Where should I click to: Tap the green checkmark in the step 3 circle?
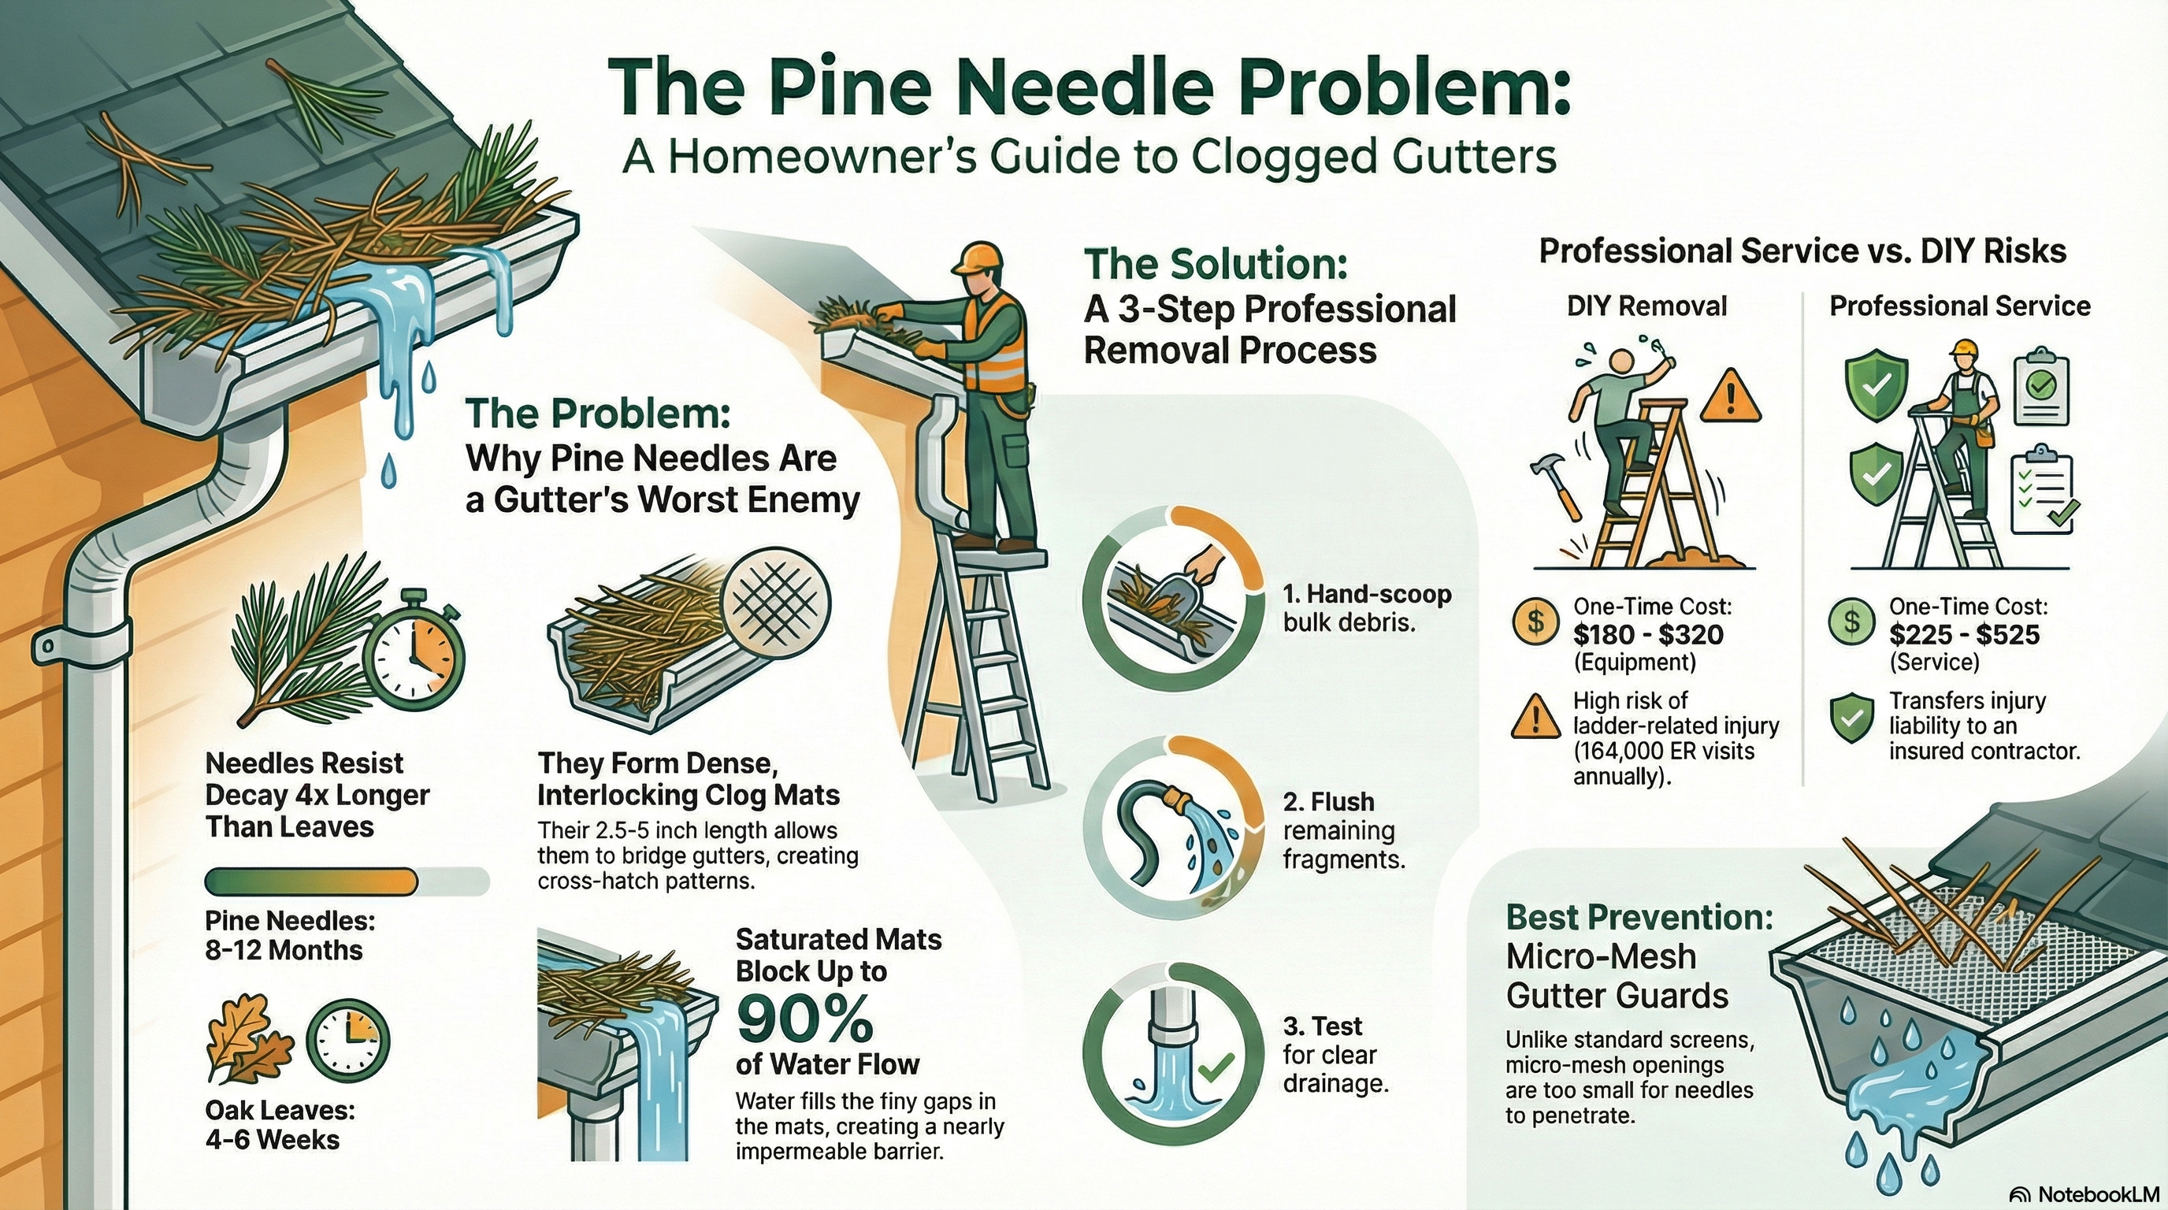(x=1215, y=1069)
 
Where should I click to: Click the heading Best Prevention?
(x=1639, y=917)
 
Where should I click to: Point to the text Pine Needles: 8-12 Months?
(x=288, y=936)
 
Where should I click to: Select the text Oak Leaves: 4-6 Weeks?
(x=279, y=1125)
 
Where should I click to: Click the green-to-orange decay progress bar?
(x=346, y=882)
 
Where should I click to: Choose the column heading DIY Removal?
(x=1646, y=306)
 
